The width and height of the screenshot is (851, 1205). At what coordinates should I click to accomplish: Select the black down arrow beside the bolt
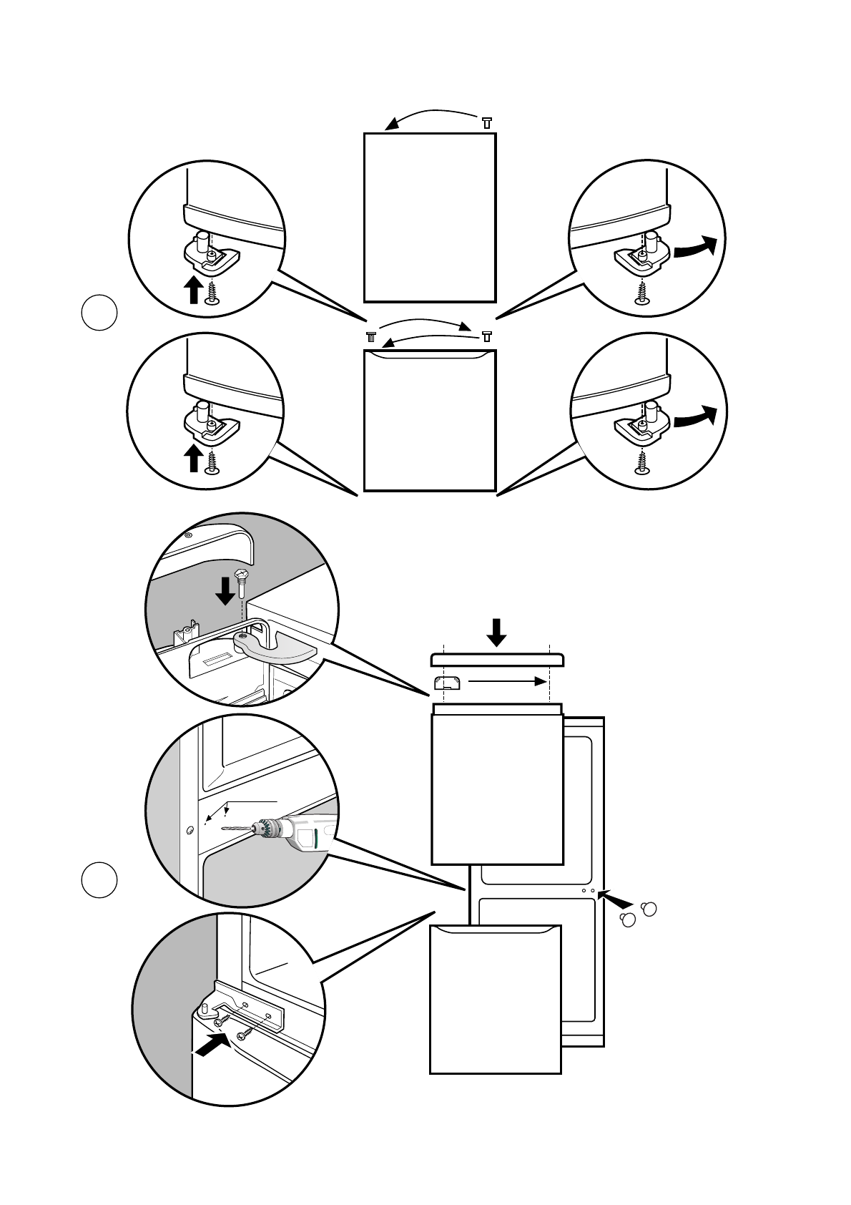(225, 590)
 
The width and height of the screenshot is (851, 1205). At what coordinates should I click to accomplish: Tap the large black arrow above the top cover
(497, 631)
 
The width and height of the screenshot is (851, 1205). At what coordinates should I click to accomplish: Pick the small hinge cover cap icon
(448, 683)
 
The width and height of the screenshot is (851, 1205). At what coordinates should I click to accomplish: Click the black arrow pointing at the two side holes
(617, 897)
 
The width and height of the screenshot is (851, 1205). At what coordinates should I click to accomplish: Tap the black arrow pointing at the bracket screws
(212, 1045)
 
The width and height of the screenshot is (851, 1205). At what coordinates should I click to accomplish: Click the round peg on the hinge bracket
(205, 1010)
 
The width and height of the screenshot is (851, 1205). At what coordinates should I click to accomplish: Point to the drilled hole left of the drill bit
(189, 830)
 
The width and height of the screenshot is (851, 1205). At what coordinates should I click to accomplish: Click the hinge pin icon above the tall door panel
(487, 122)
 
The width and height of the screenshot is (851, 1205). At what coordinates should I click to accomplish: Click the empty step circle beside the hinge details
(99, 313)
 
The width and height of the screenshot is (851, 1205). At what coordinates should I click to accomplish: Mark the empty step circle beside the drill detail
(99, 880)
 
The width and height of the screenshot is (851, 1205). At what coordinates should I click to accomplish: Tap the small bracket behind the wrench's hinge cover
(185, 632)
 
